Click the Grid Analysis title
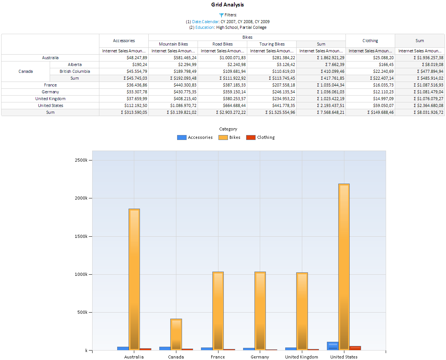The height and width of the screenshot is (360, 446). pyautogui.click(x=228, y=5)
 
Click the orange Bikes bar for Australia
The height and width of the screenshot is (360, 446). pyautogui.click(x=134, y=279)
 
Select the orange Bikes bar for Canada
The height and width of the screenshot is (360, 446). pyautogui.click(x=176, y=334)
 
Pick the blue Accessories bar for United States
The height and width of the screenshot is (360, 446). pyautogui.click(x=333, y=346)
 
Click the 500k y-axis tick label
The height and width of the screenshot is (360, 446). pyautogui.click(x=82, y=312)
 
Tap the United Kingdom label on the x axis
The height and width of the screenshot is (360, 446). pyautogui.click(x=302, y=357)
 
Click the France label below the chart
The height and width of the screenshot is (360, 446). pyautogui.click(x=218, y=357)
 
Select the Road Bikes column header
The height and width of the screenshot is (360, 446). pyautogui.click(x=223, y=44)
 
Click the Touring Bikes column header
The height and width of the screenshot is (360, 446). pyautogui.click(x=272, y=44)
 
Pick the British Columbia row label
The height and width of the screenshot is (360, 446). pyautogui.click(x=75, y=71)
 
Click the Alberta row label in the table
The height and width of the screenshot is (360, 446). pyautogui.click(x=75, y=64)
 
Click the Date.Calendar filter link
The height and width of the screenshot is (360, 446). pyautogui.click(x=205, y=22)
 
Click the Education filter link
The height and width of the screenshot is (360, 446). pyautogui.click(x=204, y=27)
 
